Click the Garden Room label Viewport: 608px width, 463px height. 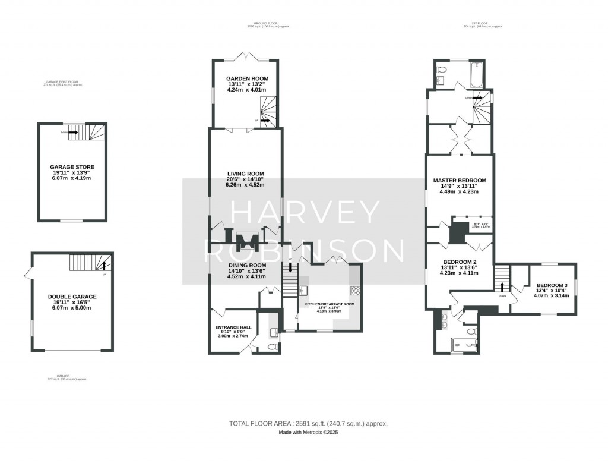[x=247, y=78]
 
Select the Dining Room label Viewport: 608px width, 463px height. [x=247, y=265]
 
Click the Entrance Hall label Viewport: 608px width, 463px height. [x=233, y=327]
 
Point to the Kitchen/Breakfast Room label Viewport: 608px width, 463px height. [x=329, y=304]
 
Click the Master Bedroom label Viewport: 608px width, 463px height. [x=460, y=180]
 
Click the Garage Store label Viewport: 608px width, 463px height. [x=72, y=167]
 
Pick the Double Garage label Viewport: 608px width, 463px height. [x=72, y=296]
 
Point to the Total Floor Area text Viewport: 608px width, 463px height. [x=308, y=424]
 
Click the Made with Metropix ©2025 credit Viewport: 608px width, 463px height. [x=308, y=432]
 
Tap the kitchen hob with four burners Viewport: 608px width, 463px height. [x=354, y=291]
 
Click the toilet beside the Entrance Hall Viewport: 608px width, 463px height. [x=272, y=347]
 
